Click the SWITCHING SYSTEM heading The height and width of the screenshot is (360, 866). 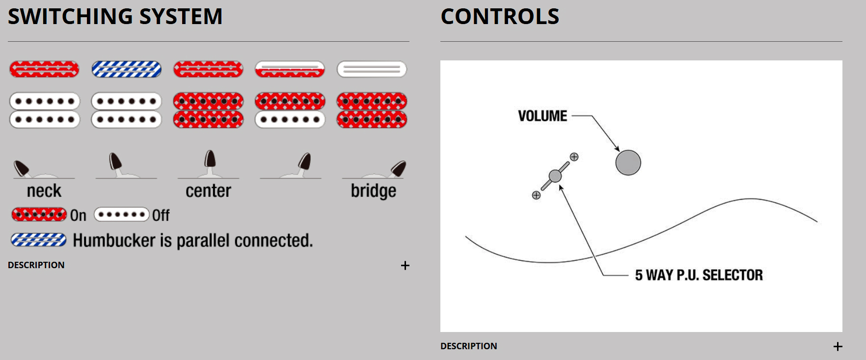coord(115,16)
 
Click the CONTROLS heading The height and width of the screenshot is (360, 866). coord(500,16)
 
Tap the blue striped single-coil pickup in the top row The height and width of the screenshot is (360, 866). coord(126,69)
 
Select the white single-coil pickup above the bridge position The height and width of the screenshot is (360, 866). coord(372,69)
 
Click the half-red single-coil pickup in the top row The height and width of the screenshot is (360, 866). coord(290,69)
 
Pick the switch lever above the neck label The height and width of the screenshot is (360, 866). coord(21,168)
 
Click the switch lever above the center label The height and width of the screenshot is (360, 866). coord(210,160)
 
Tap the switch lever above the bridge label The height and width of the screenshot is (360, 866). coord(398,168)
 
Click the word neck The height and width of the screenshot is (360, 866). coord(44,191)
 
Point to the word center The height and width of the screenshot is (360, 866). coord(208,191)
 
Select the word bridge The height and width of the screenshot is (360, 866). coord(373,191)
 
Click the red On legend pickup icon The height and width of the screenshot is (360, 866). coord(39,215)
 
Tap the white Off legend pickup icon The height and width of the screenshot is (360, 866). coord(121,215)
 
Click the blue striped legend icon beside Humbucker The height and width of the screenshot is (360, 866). coord(39,240)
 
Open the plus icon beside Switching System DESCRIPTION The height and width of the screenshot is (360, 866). coord(405,266)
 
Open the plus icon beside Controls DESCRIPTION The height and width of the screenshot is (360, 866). coord(838,347)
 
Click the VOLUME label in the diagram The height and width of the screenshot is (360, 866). coord(542,116)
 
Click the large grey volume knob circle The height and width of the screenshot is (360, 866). coord(628,163)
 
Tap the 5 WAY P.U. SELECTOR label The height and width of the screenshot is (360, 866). coord(699,275)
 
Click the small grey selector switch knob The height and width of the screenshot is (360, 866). coord(555,176)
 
